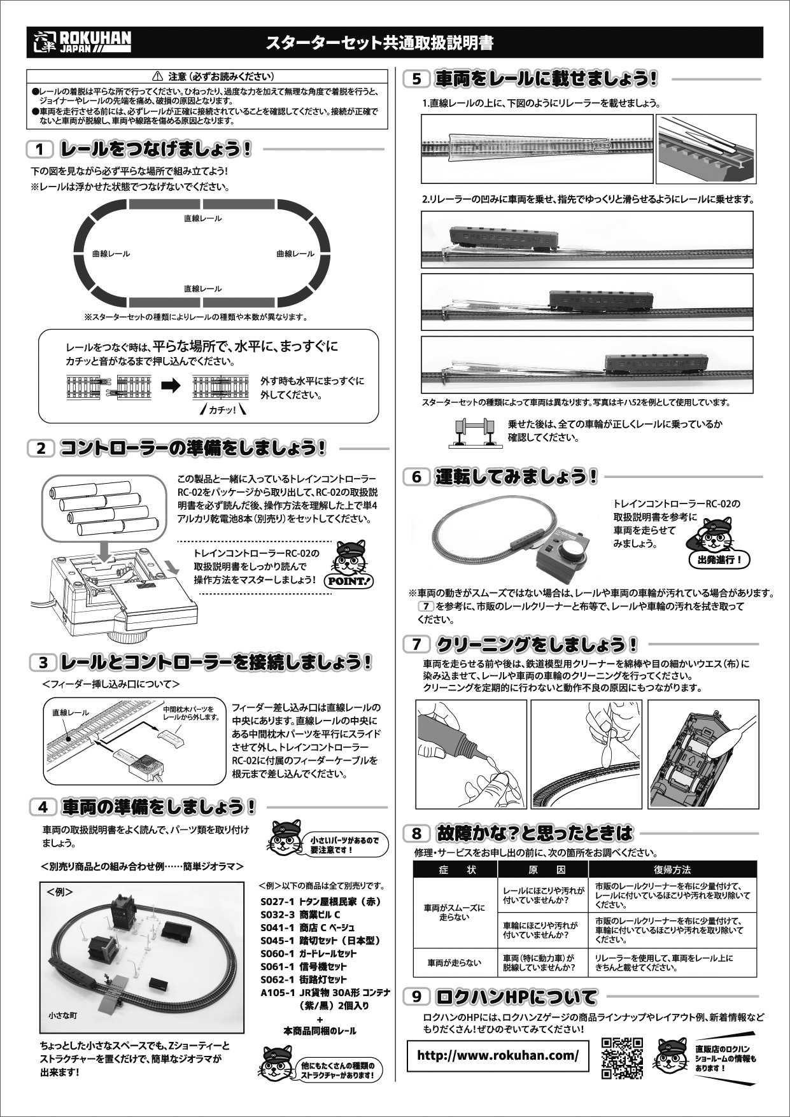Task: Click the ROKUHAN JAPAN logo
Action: pyautogui.click(x=81, y=42)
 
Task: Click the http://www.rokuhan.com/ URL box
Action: pyautogui.click(x=498, y=1055)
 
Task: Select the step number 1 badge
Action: pyautogui.click(x=40, y=150)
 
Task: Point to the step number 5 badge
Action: pyautogui.click(x=417, y=80)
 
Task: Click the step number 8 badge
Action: pyautogui.click(x=416, y=834)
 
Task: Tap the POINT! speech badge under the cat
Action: pyautogui.click(x=349, y=581)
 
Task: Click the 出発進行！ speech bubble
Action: pyautogui.click(x=719, y=560)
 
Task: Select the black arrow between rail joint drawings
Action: pyautogui.click(x=171, y=386)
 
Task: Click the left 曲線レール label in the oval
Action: pyautogui.click(x=111, y=254)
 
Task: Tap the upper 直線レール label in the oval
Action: pyautogui.click(x=202, y=218)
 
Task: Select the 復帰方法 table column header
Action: pyautogui.click(x=672, y=869)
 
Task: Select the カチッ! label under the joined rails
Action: pyautogui.click(x=222, y=411)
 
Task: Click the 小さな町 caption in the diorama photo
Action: pyautogui.click(x=62, y=1016)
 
